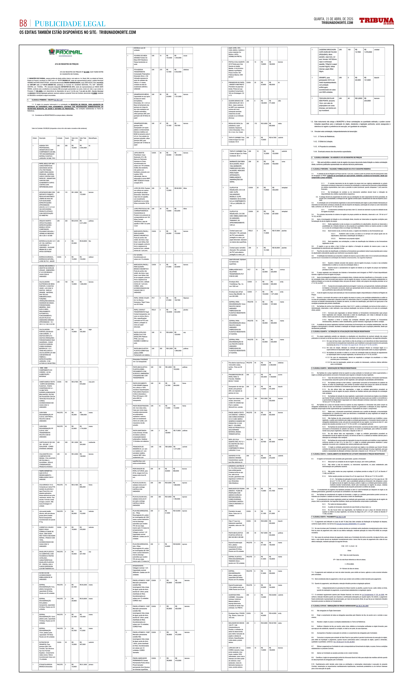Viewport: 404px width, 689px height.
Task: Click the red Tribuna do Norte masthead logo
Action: click(x=376, y=21)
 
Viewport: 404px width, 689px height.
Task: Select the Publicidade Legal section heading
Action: click(x=70, y=24)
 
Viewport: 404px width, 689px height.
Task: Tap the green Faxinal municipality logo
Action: click(x=65, y=52)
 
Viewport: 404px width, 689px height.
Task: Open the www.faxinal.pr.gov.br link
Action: click(x=65, y=56)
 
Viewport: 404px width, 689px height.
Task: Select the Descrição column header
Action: click(x=42, y=138)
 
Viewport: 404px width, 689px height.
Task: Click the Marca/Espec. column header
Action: click(x=93, y=138)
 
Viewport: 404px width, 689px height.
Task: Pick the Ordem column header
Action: click(x=35, y=138)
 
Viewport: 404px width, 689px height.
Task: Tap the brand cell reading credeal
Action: click(x=377, y=49)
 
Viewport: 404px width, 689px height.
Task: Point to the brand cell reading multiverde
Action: click(x=92, y=442)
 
